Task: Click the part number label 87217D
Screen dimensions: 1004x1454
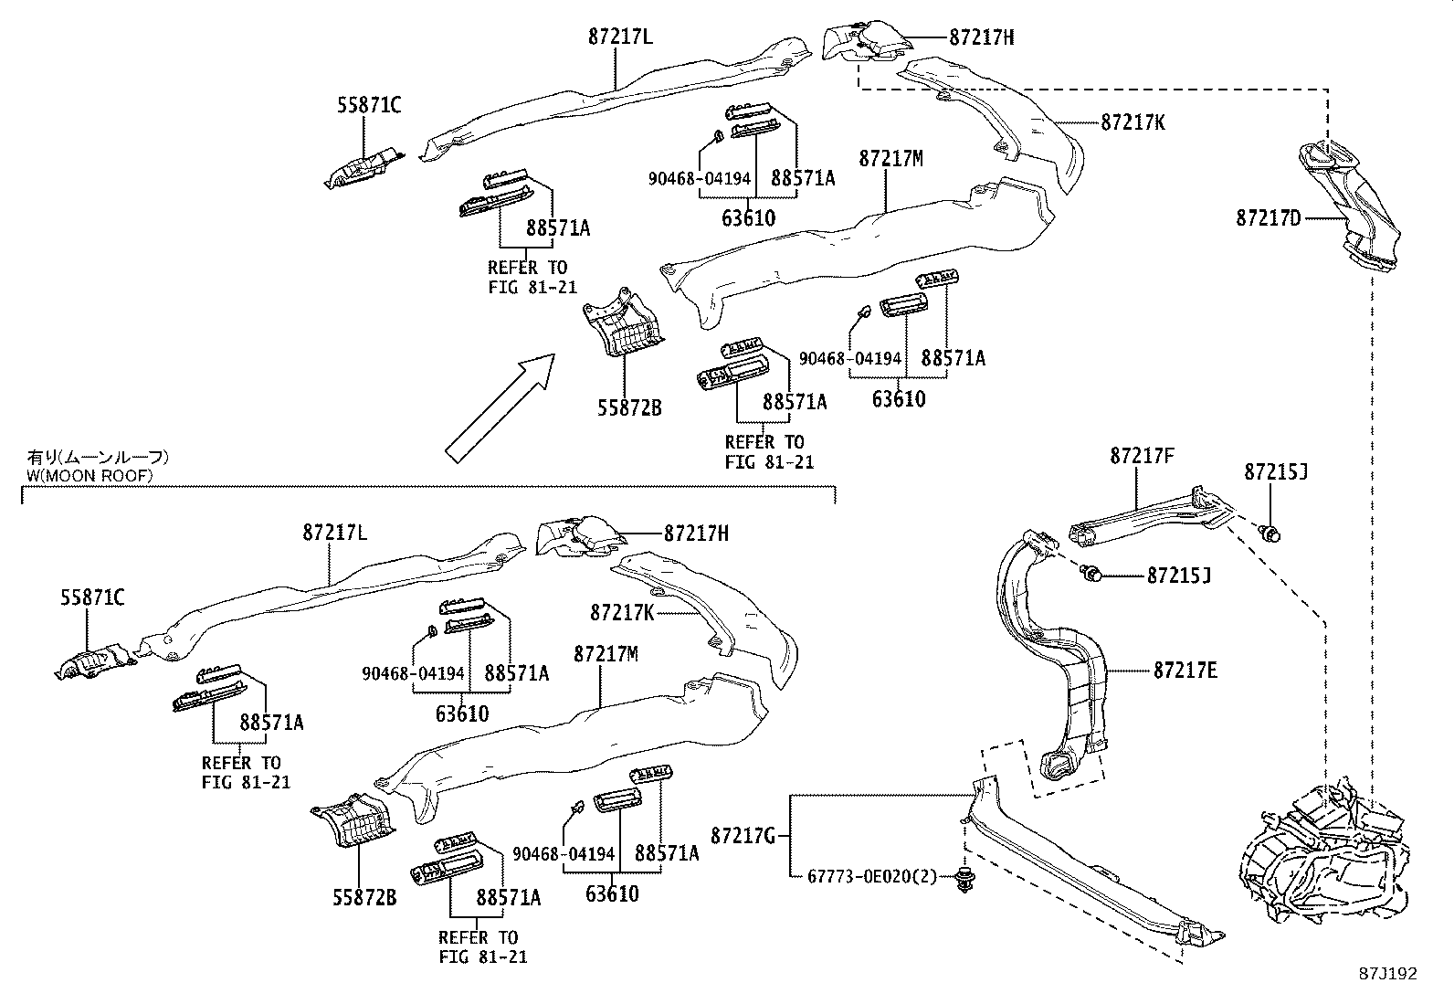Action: click(x=1270, y=218)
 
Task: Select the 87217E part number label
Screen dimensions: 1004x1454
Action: click(x=1185, y=671)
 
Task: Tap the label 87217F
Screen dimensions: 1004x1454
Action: click(x=1142, y=455)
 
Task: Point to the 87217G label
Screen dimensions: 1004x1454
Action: click(x=743, y=835)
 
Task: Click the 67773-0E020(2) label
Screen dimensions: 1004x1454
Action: click(x=872, y=876)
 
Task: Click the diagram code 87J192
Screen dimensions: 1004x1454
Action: click(x=1386, y=974)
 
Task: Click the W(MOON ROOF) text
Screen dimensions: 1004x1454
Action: click(x=88, y=476)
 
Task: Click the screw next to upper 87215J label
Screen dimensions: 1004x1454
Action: click(x=1270, y=533)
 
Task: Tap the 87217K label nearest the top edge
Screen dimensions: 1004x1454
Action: click(x=1133, y=122)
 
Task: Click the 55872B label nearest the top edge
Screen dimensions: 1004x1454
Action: click(x=629, y=408)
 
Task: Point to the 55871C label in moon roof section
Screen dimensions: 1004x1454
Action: click(x=92, y=597)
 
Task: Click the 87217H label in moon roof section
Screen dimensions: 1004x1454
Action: click(x=696, y=534)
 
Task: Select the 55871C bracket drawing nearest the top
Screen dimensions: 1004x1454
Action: click(x=365, y=167)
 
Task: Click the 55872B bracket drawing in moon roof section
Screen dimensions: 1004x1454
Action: click(x=354, y=819)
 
